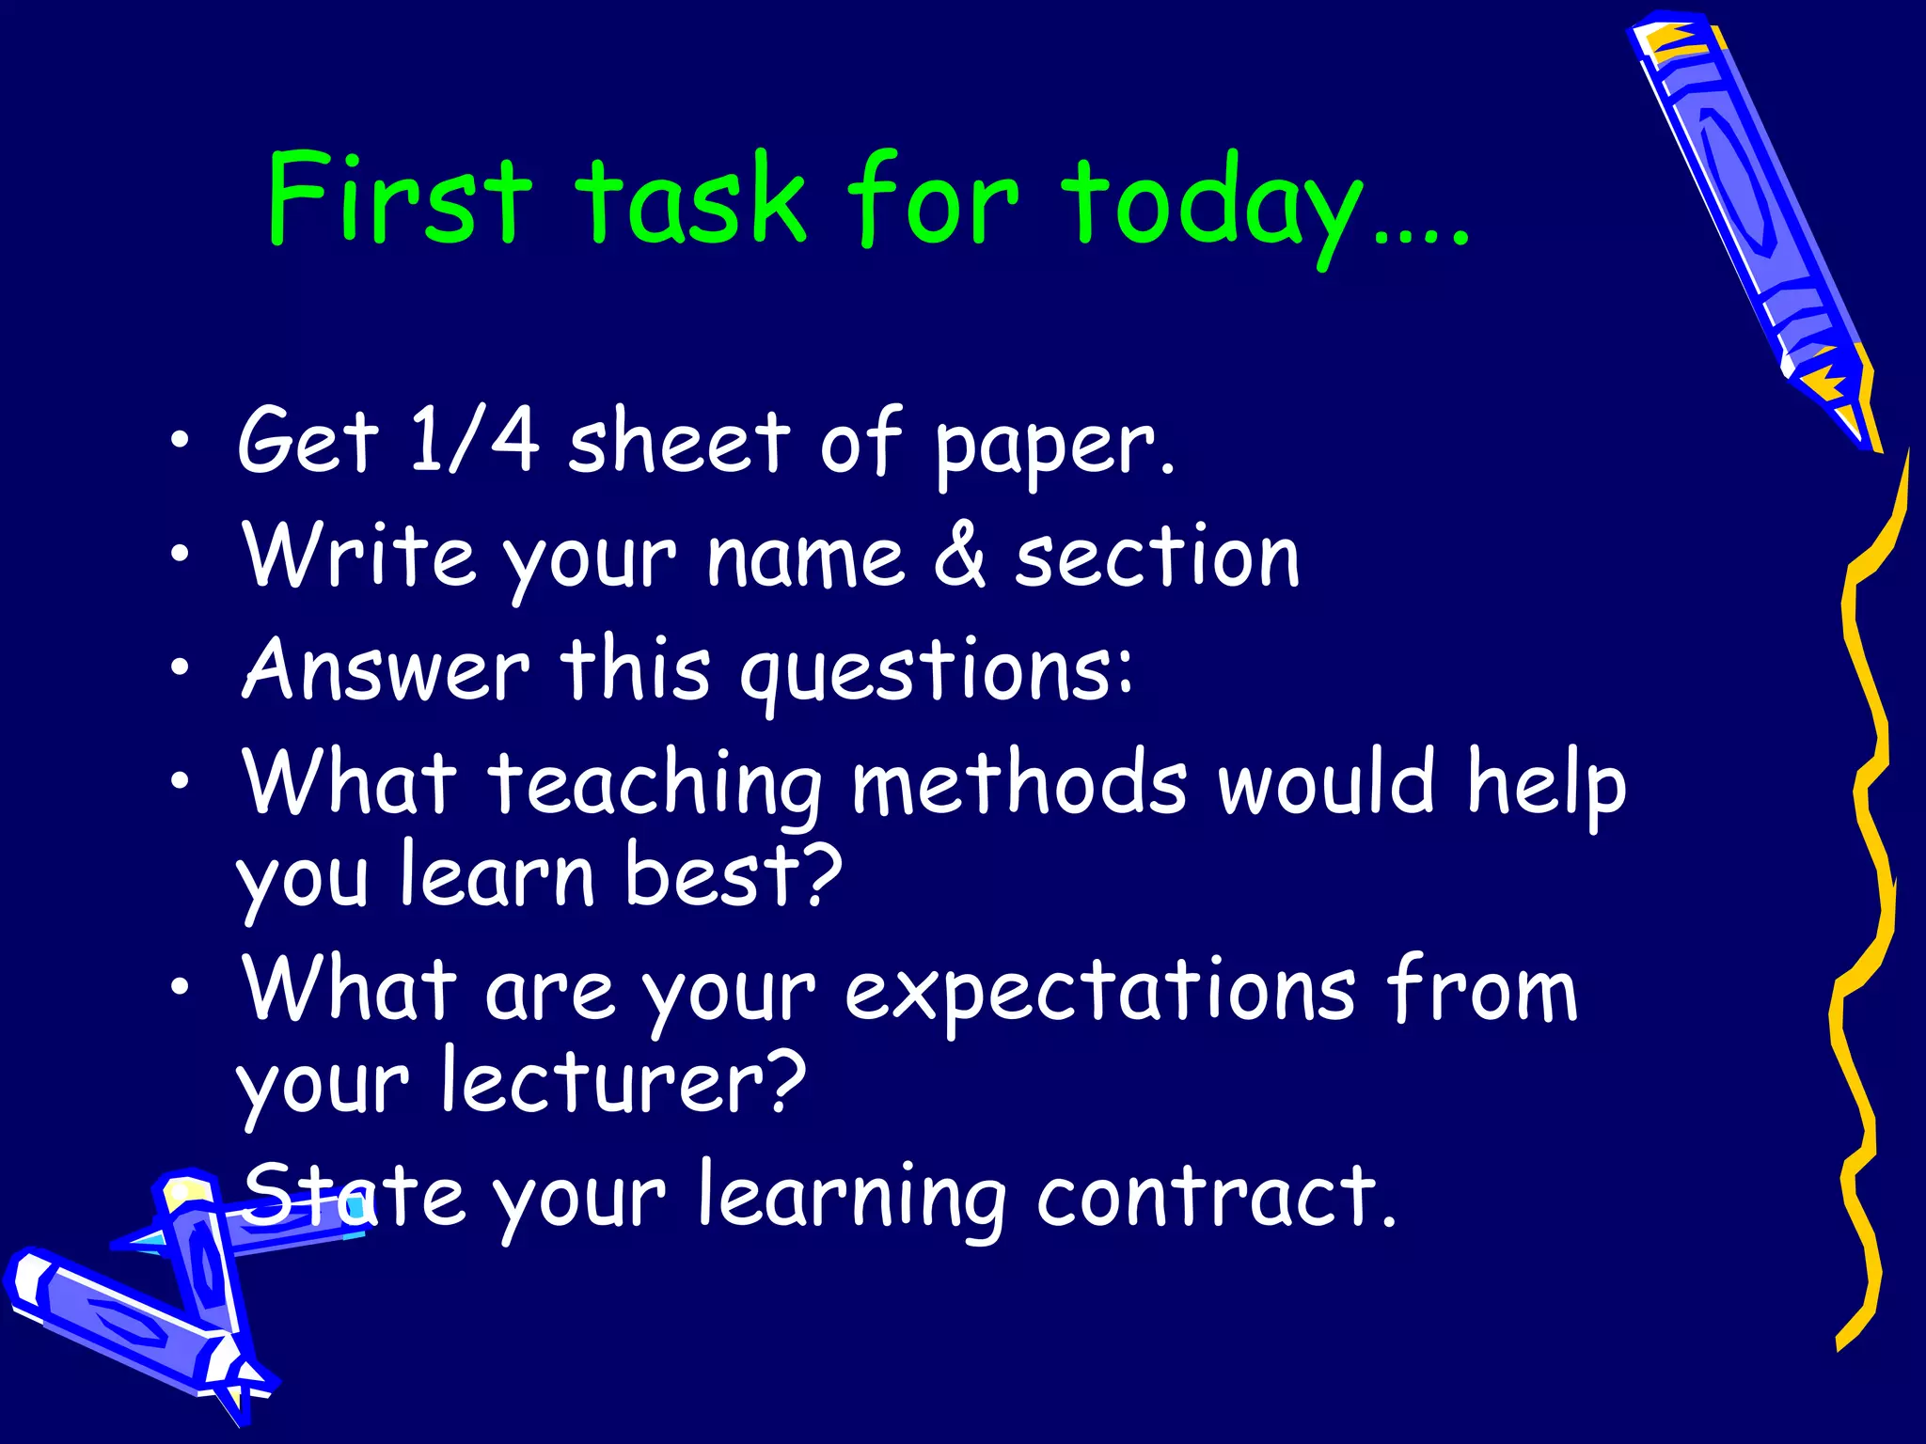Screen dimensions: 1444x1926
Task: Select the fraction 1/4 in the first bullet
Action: click(x=474, y=438)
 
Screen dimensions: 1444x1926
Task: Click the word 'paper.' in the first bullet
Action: click(x=1053, y=447)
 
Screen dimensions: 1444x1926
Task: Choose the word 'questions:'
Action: click(x=936, y=672)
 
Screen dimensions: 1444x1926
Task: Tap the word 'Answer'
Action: click(x=386, y=669)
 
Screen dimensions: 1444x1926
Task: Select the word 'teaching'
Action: click(x=655, y=785)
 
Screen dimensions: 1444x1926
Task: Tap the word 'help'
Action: click(x=1546, y=785)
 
